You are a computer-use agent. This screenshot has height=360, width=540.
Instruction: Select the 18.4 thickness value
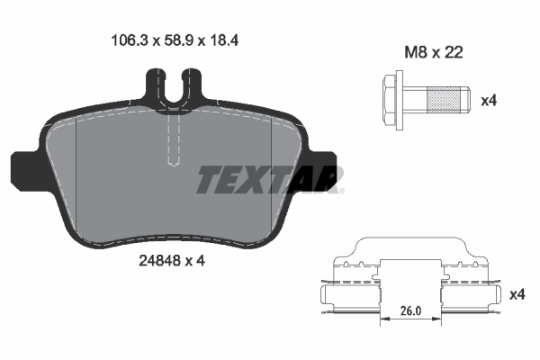[222, 40]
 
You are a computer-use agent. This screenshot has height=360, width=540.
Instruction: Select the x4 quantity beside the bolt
[489, 100]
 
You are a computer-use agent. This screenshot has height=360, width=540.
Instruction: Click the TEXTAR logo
[268, 180]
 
